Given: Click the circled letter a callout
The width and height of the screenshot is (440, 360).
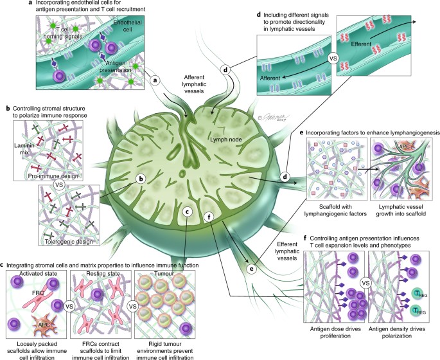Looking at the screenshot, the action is [154, 82].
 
